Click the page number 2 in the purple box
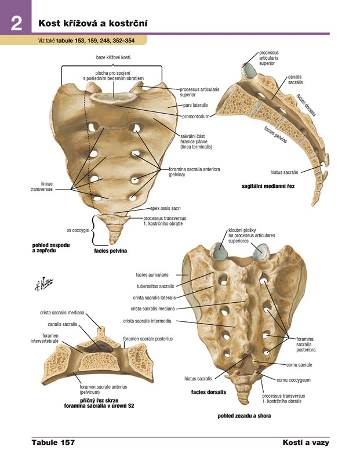click(x=16, y=24)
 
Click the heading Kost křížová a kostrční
click(x=93, y=23)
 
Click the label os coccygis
click(x=77, y=230)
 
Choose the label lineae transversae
click(x=41, y=186)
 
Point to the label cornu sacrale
click(x=299, y=365)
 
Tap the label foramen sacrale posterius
click(x=148, y=339)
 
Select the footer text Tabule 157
click(x=53, y=443)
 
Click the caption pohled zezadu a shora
click(x=244, y=416)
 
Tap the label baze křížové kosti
click(x=112, y=58)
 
